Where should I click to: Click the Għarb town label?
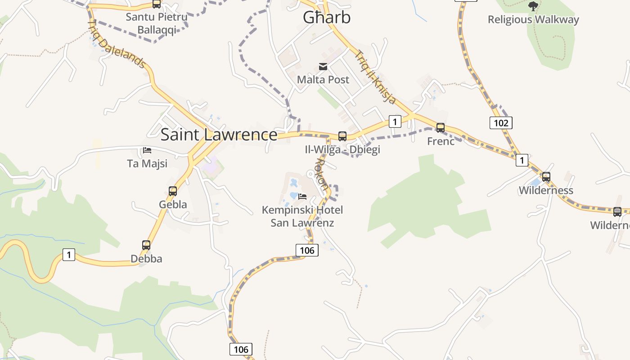pyautogui.click(x=326, y=18)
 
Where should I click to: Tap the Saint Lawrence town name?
pyautogui.click(x=219, y=135)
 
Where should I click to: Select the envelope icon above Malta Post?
pyautogui.click(x=323, y=67)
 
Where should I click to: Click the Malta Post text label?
pyautogui.click(x=323, y=80)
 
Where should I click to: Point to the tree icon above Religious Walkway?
pyautogui.click(x=533, y=6)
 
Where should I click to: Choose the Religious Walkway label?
pyautogui.click(x=533, y=20)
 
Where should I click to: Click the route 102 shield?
pyautogui.click(x=500, y=123)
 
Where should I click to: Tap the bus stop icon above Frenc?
pyautogui.click(x=440, y=128)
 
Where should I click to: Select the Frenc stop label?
pyautogui.click(x=441, y=141)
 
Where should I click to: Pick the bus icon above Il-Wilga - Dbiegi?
pyautogui.click(x=342, y=136)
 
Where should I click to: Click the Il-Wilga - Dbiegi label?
pyautogui.click(x=342, y=150)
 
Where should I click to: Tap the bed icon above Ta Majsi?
pyautogui.click(x=147, y=150)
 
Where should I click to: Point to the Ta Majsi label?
pyautogui.click(x=147, y=163)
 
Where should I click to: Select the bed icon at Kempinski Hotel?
pyautogui.click(x=302, y=196)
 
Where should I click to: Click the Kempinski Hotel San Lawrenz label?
pyautogui.click(x=302, y=216)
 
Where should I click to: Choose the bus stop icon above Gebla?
pyautogui.click(x=173, y=191)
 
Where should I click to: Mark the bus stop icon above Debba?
pyautogui.click(x=146, y=245)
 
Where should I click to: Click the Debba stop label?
pyautogui.click(x=146, y=259)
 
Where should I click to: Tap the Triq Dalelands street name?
pyautogui.click(x=117, y=44)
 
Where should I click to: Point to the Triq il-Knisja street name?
pyautogui.click(x=375, y=77)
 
